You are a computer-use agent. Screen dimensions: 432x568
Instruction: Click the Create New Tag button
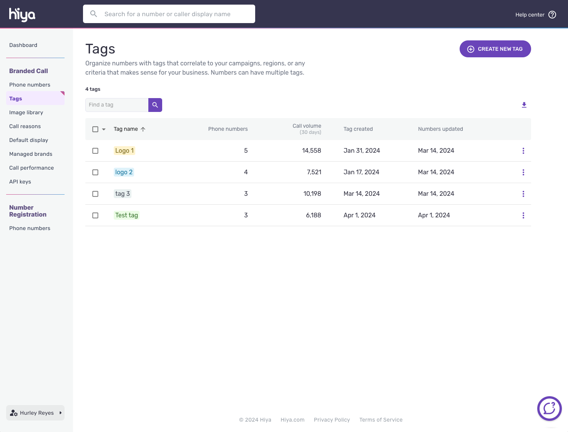pyautogui.click(x=495, y=49)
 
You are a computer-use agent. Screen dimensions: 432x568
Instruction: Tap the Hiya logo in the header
pyautogui.click(x=22, y=14)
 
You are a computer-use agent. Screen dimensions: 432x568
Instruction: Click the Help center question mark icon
pyautogui.click(x=552, y=15)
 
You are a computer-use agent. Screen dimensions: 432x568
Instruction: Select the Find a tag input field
pyautogui.click(x=117, y=105)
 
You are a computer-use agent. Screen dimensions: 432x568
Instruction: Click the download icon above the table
pyautogui.click(x=524, y=105)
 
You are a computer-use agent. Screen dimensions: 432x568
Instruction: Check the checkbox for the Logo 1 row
pyautogui.click(x=95, y=151)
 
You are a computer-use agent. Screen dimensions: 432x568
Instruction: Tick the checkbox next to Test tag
pyautogui.click(x=95, y=215)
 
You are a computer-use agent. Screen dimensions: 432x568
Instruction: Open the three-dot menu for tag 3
pyautogui.click(x=523, y=194)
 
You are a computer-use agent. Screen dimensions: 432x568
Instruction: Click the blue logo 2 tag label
pyautogui.click(x=124, y=172)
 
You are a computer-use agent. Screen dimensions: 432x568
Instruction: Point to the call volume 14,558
pyautogui.click(x=311, y=151)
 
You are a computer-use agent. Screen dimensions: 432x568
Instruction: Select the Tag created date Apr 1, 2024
pyautogui.click(x=359, y=215)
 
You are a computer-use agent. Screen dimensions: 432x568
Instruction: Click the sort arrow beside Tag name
pyautogui.click(x=143, y=129)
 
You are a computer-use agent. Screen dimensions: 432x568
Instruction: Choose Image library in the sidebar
pyautogui.click(x=26, y=112)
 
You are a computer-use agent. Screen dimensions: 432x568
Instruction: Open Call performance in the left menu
pyautogui.click(x=32, y=168)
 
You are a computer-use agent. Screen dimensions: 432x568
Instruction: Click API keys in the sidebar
pyautogui.click(x=20, y=182)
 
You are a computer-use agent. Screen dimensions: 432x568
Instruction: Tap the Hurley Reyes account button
pyautogui.click(x=35, y=413)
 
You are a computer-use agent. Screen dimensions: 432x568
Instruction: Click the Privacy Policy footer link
pyautogui.click(x=332, y=420)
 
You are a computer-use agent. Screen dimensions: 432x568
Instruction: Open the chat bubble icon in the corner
pyautogui.click(x=549, y=409)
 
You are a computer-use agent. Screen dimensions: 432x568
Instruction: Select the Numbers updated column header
pyautogui.click(x=440, y=129)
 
